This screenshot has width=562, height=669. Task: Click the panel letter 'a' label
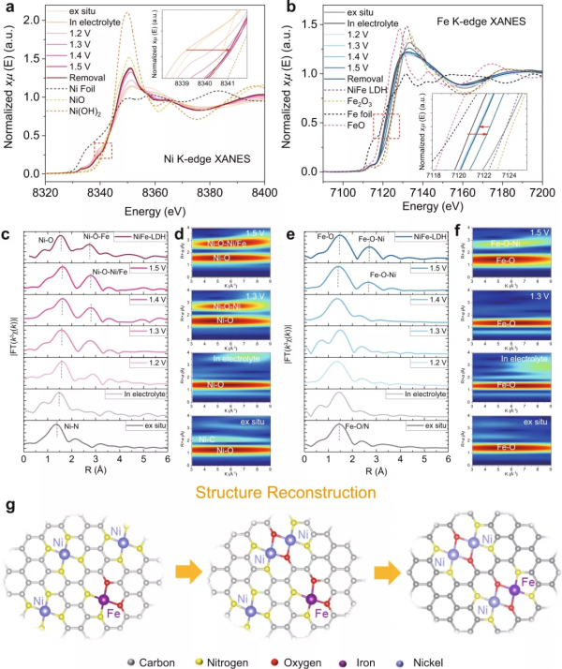coord(7,8)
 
